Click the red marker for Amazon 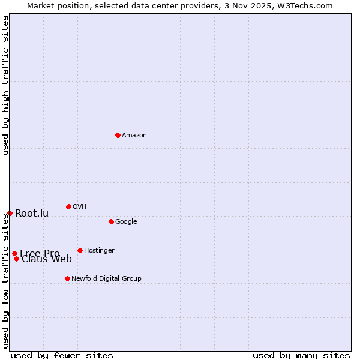point(118,135)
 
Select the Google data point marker point(111,221)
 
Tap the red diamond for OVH point(68,206)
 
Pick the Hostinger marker point(80,250)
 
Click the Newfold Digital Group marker point(67,278)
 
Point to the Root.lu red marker point(10,213)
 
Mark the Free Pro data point point(14,253)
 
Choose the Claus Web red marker point(16,259)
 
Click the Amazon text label point(134,136)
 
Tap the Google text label point(126,222)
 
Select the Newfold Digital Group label point(106,279)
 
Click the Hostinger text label point(99,251)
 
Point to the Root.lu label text point(32,214)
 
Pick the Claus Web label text point(47,259)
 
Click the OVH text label point(79,207)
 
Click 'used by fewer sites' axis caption point(62,355)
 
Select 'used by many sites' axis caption point(301,355)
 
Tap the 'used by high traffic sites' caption point(5,85)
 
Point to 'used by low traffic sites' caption point(5,281)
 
